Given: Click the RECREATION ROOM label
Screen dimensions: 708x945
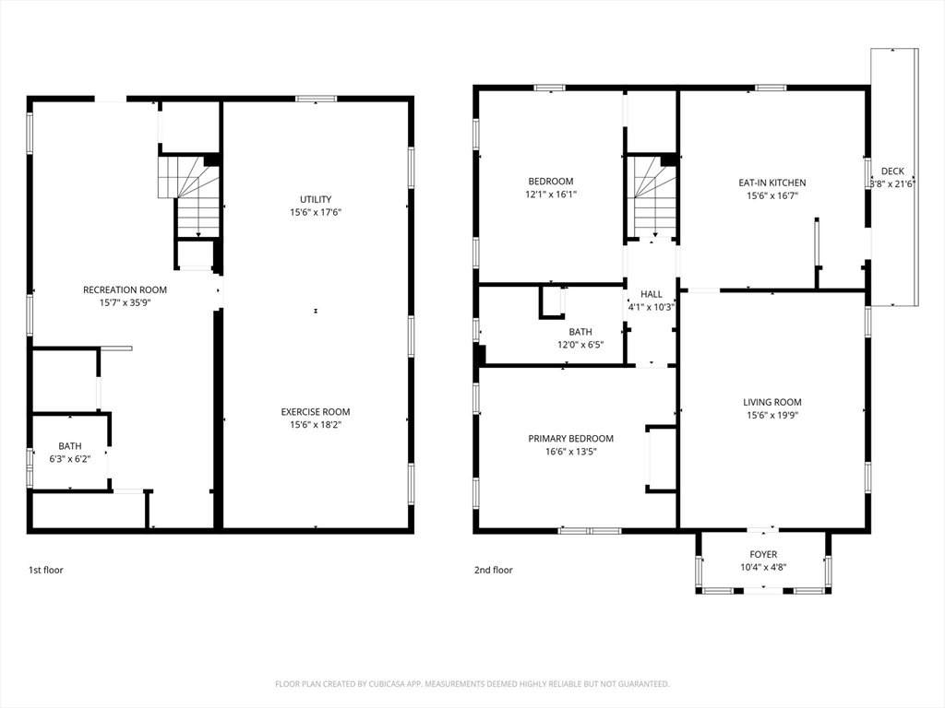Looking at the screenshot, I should [125, 289].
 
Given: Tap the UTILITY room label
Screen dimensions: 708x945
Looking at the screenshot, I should [316, 199].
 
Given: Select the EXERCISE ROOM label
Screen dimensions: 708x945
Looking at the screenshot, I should [316, 412].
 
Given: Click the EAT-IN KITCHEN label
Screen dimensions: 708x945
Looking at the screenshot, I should [772, 183].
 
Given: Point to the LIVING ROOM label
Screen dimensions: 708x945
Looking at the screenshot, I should [772, 402].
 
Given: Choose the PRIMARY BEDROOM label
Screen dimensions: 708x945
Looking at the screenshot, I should [570, 439].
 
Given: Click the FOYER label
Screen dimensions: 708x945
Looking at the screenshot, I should [763, 554].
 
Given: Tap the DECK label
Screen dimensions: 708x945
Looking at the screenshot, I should [892, 171].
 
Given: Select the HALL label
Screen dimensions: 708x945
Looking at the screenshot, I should [652, 294].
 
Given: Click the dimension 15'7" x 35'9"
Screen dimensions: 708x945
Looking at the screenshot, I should [125, 302].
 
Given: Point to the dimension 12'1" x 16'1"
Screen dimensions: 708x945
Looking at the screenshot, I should [550, 195].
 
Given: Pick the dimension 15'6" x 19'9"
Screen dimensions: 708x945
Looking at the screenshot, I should [772, 415].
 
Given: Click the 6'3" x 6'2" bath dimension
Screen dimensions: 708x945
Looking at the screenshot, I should [70, 459].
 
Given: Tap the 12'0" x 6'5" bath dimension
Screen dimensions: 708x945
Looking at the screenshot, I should [580, 345].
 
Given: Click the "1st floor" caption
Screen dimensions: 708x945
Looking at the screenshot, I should [46, 570].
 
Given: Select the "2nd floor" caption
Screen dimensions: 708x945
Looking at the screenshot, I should [493, 570].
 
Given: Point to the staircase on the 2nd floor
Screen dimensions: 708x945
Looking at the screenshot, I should [654, 195].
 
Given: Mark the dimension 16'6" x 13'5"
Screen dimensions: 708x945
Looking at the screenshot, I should [570, 452].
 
